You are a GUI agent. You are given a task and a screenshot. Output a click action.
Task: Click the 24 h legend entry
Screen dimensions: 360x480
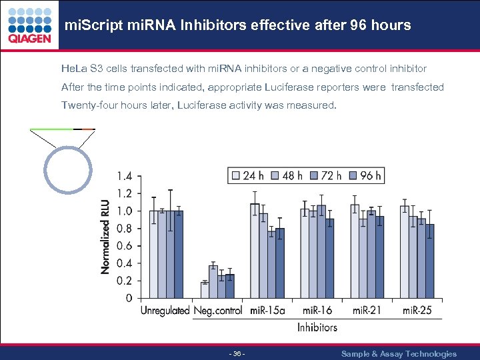pos(246,176)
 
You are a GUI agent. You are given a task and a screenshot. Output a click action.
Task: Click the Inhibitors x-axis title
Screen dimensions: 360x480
pos(317,327)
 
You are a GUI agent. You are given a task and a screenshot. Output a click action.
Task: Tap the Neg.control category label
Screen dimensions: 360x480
pos(218,311)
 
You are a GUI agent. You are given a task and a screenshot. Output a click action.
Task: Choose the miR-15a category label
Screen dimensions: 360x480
pos(267,311)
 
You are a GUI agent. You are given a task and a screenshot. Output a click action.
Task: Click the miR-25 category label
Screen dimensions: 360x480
pos(417,311)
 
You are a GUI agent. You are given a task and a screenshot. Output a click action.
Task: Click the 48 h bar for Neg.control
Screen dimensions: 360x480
pos(213,281)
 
